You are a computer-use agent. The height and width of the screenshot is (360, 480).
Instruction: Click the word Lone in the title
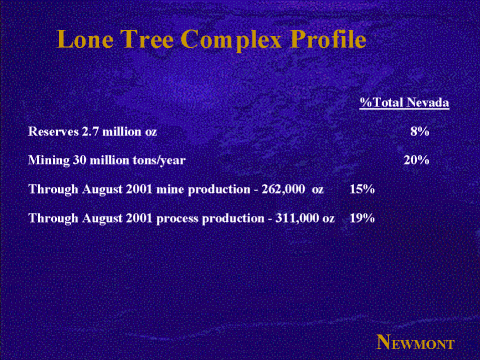pos(85,39)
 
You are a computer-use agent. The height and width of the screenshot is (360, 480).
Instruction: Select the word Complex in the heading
pos(231,41)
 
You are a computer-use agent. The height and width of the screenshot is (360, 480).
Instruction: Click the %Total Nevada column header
pos(404,102)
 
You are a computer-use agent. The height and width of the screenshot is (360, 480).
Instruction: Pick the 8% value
pos(420,131)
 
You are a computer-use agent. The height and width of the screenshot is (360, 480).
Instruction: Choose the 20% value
pos(416,160)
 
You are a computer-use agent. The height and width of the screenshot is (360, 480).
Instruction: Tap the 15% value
pos(362,189)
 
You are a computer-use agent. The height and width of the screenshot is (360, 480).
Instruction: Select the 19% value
pos(362,218)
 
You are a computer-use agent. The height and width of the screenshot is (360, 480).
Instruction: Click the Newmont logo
pos(415,342)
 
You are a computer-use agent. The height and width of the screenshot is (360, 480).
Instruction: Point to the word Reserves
pos(53,131)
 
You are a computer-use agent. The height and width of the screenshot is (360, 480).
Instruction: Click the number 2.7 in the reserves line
pos(90,131)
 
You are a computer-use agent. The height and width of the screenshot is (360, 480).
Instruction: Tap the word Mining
pos(49,160)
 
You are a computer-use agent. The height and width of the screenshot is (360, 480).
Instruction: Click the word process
pos(177,219)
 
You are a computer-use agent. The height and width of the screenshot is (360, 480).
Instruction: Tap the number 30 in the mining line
pos(80,160)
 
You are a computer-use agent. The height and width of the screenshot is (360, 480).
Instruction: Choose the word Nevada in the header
pos(428,102)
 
